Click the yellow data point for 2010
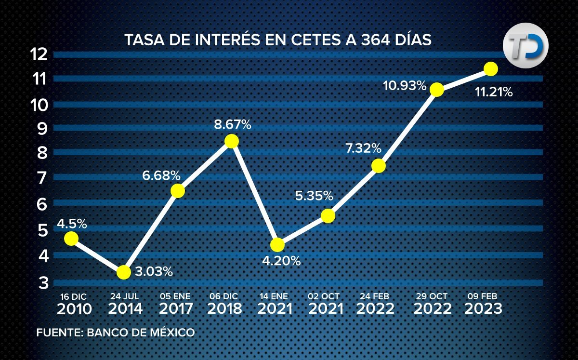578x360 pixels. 71,238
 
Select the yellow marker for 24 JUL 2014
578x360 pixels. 124,272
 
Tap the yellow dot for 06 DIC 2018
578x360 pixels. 232,141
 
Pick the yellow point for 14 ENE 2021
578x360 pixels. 277,245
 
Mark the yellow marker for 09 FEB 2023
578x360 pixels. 491,69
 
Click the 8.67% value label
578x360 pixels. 233,125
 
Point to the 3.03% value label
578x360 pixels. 154,272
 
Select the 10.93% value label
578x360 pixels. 405,86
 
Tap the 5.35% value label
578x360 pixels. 314,196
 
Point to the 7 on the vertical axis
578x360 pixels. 42,178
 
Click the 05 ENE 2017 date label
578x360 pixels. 176,303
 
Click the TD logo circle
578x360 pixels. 526,45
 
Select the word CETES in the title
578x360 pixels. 316,40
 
